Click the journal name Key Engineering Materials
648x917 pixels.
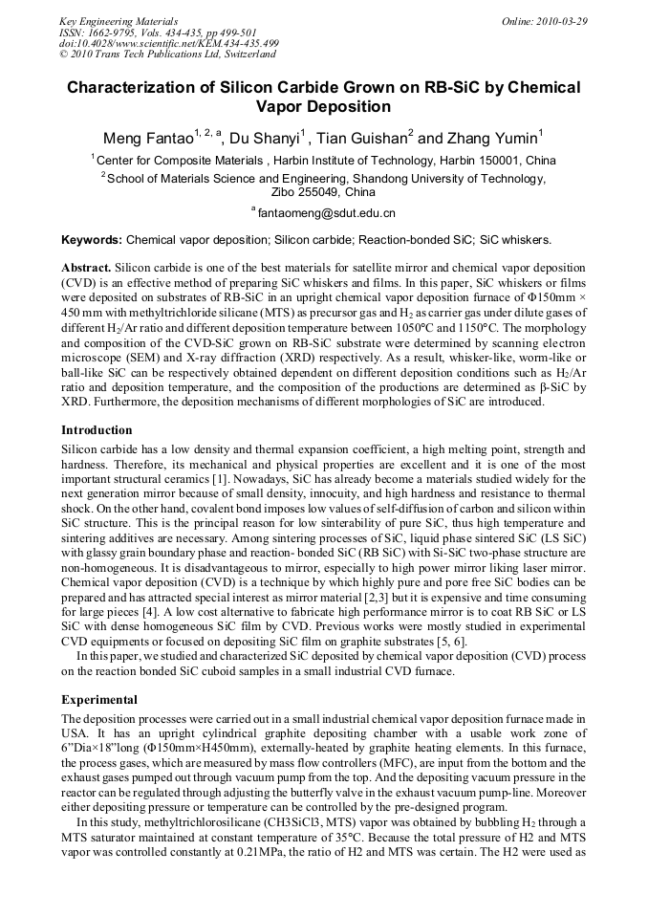(118, 21)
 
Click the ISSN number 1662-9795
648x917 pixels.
(113, 33)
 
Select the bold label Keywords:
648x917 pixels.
(92, 240)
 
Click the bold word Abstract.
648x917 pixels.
(87, 269)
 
